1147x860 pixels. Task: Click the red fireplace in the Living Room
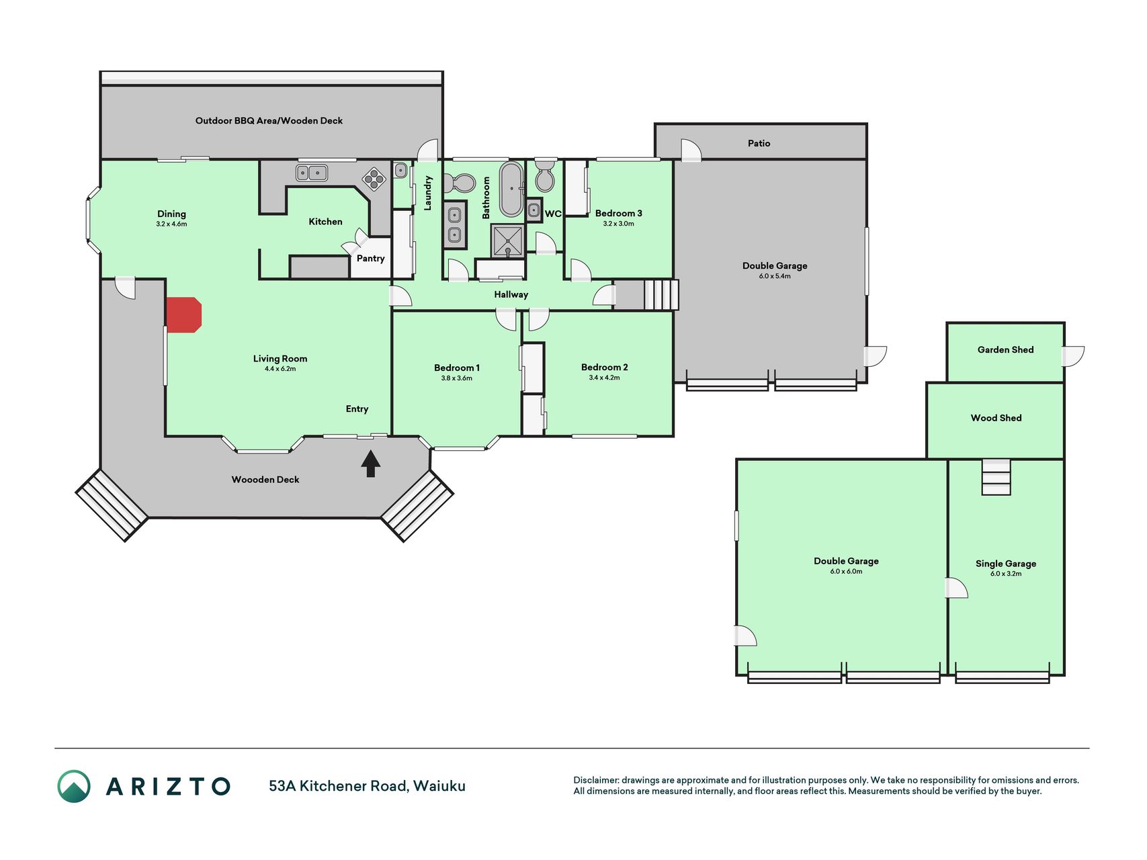click(183, 314)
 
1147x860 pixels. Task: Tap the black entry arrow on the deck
click(370, 464)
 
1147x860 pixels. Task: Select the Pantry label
click(371, 259)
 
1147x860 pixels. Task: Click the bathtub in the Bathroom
click(511, 189)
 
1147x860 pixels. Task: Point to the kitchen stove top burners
click(373, 179)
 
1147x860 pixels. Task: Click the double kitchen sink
click(312, 173)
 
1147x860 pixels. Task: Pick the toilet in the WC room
click(544, 175)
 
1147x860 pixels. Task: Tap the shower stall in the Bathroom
click(508, 241)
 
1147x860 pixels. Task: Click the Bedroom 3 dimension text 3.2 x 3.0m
click(618, 224)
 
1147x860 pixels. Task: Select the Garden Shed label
click(1005, 349)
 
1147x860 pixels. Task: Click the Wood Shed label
click(996, 418)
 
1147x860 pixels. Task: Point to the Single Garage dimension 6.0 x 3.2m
click(1006, 574)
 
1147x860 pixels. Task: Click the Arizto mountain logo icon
click(74, 786)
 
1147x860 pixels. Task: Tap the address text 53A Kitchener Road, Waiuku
click(367, 786)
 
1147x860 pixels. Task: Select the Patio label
click(759, 143)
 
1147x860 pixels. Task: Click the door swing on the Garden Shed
click(1074, 355)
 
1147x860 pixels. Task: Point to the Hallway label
click(511, 294)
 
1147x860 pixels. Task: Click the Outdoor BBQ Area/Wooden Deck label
click(269, 121)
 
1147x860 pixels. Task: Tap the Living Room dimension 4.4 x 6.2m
click(280, 369)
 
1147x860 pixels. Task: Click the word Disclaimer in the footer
click(595, 780)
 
